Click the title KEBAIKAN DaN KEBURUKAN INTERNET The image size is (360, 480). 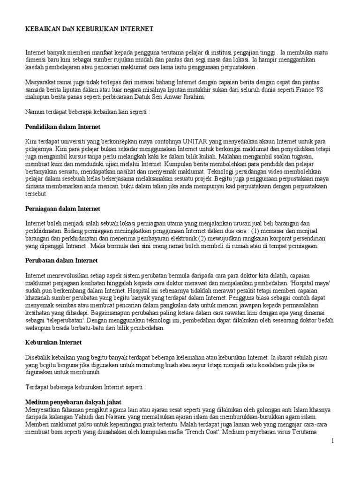click(89, 29)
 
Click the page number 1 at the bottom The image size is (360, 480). click(332, 441)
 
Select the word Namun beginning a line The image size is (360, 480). click(34, 112)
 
